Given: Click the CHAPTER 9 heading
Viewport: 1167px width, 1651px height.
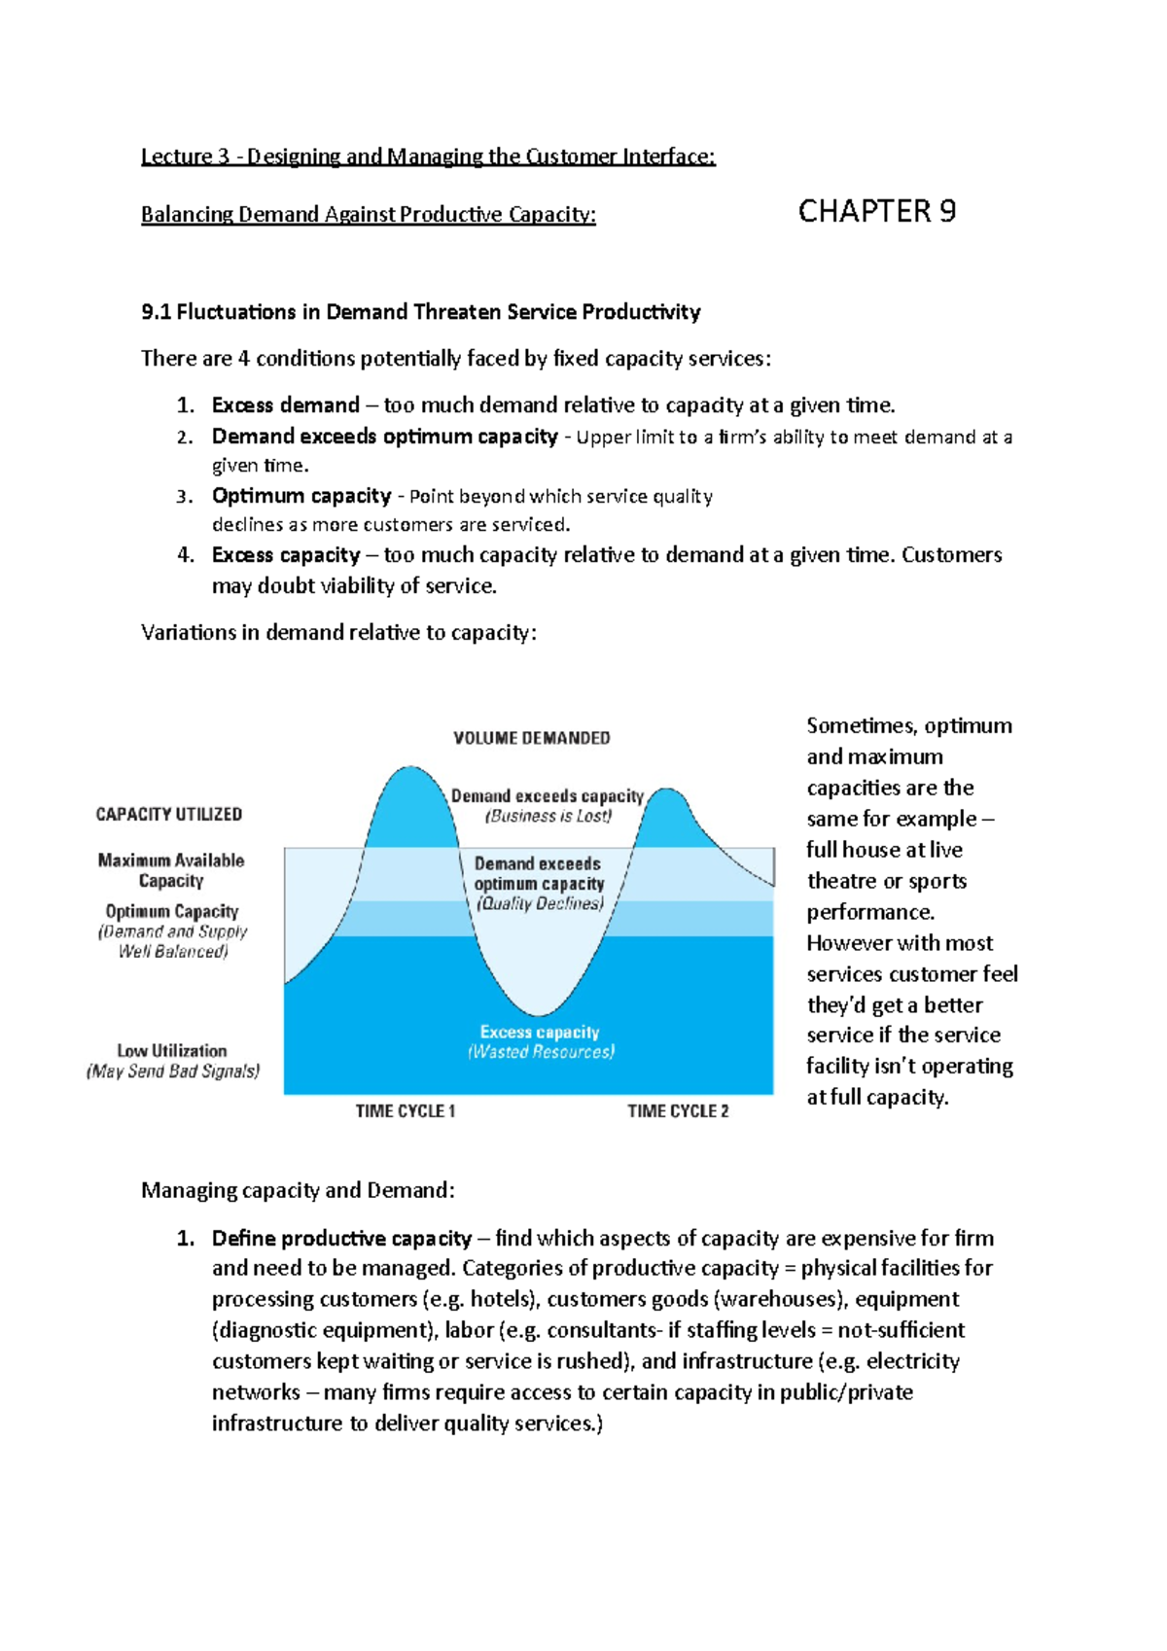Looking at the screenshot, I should click(876, 211).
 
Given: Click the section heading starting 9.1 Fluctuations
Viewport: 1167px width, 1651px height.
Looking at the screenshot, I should click(420, 312).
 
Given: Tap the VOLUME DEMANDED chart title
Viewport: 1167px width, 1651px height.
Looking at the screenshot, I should click(531, 738).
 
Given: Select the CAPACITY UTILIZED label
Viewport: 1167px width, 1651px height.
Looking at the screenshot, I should click(168, 814).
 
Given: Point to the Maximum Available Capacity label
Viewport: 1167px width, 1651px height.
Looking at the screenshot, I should click(171, 870).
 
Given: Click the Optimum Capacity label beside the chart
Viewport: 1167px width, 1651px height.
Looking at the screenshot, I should click(172, 911).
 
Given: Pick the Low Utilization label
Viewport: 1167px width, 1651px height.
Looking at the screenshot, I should click(172, 1051).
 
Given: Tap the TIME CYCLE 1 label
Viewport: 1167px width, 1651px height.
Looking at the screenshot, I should click(405, 1110).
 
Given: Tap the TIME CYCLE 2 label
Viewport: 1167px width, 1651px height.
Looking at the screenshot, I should click(678, 1110).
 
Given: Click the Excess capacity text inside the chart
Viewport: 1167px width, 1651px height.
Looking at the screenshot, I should click(540, 1032).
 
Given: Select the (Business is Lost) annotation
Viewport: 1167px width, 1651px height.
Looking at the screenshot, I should click(548, 817).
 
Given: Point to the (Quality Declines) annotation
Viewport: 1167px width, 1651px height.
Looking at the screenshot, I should click(540, 903).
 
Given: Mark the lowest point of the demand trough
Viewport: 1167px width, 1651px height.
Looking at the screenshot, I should click(538, 1013).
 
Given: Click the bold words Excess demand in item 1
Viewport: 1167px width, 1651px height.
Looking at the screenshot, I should click(286, 405).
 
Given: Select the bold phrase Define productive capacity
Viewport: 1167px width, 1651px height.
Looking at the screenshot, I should click(341, 1239).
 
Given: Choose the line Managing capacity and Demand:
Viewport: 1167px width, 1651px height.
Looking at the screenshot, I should click(298, 1190).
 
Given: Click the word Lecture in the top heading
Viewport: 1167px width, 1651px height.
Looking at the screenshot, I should click(176, 157).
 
